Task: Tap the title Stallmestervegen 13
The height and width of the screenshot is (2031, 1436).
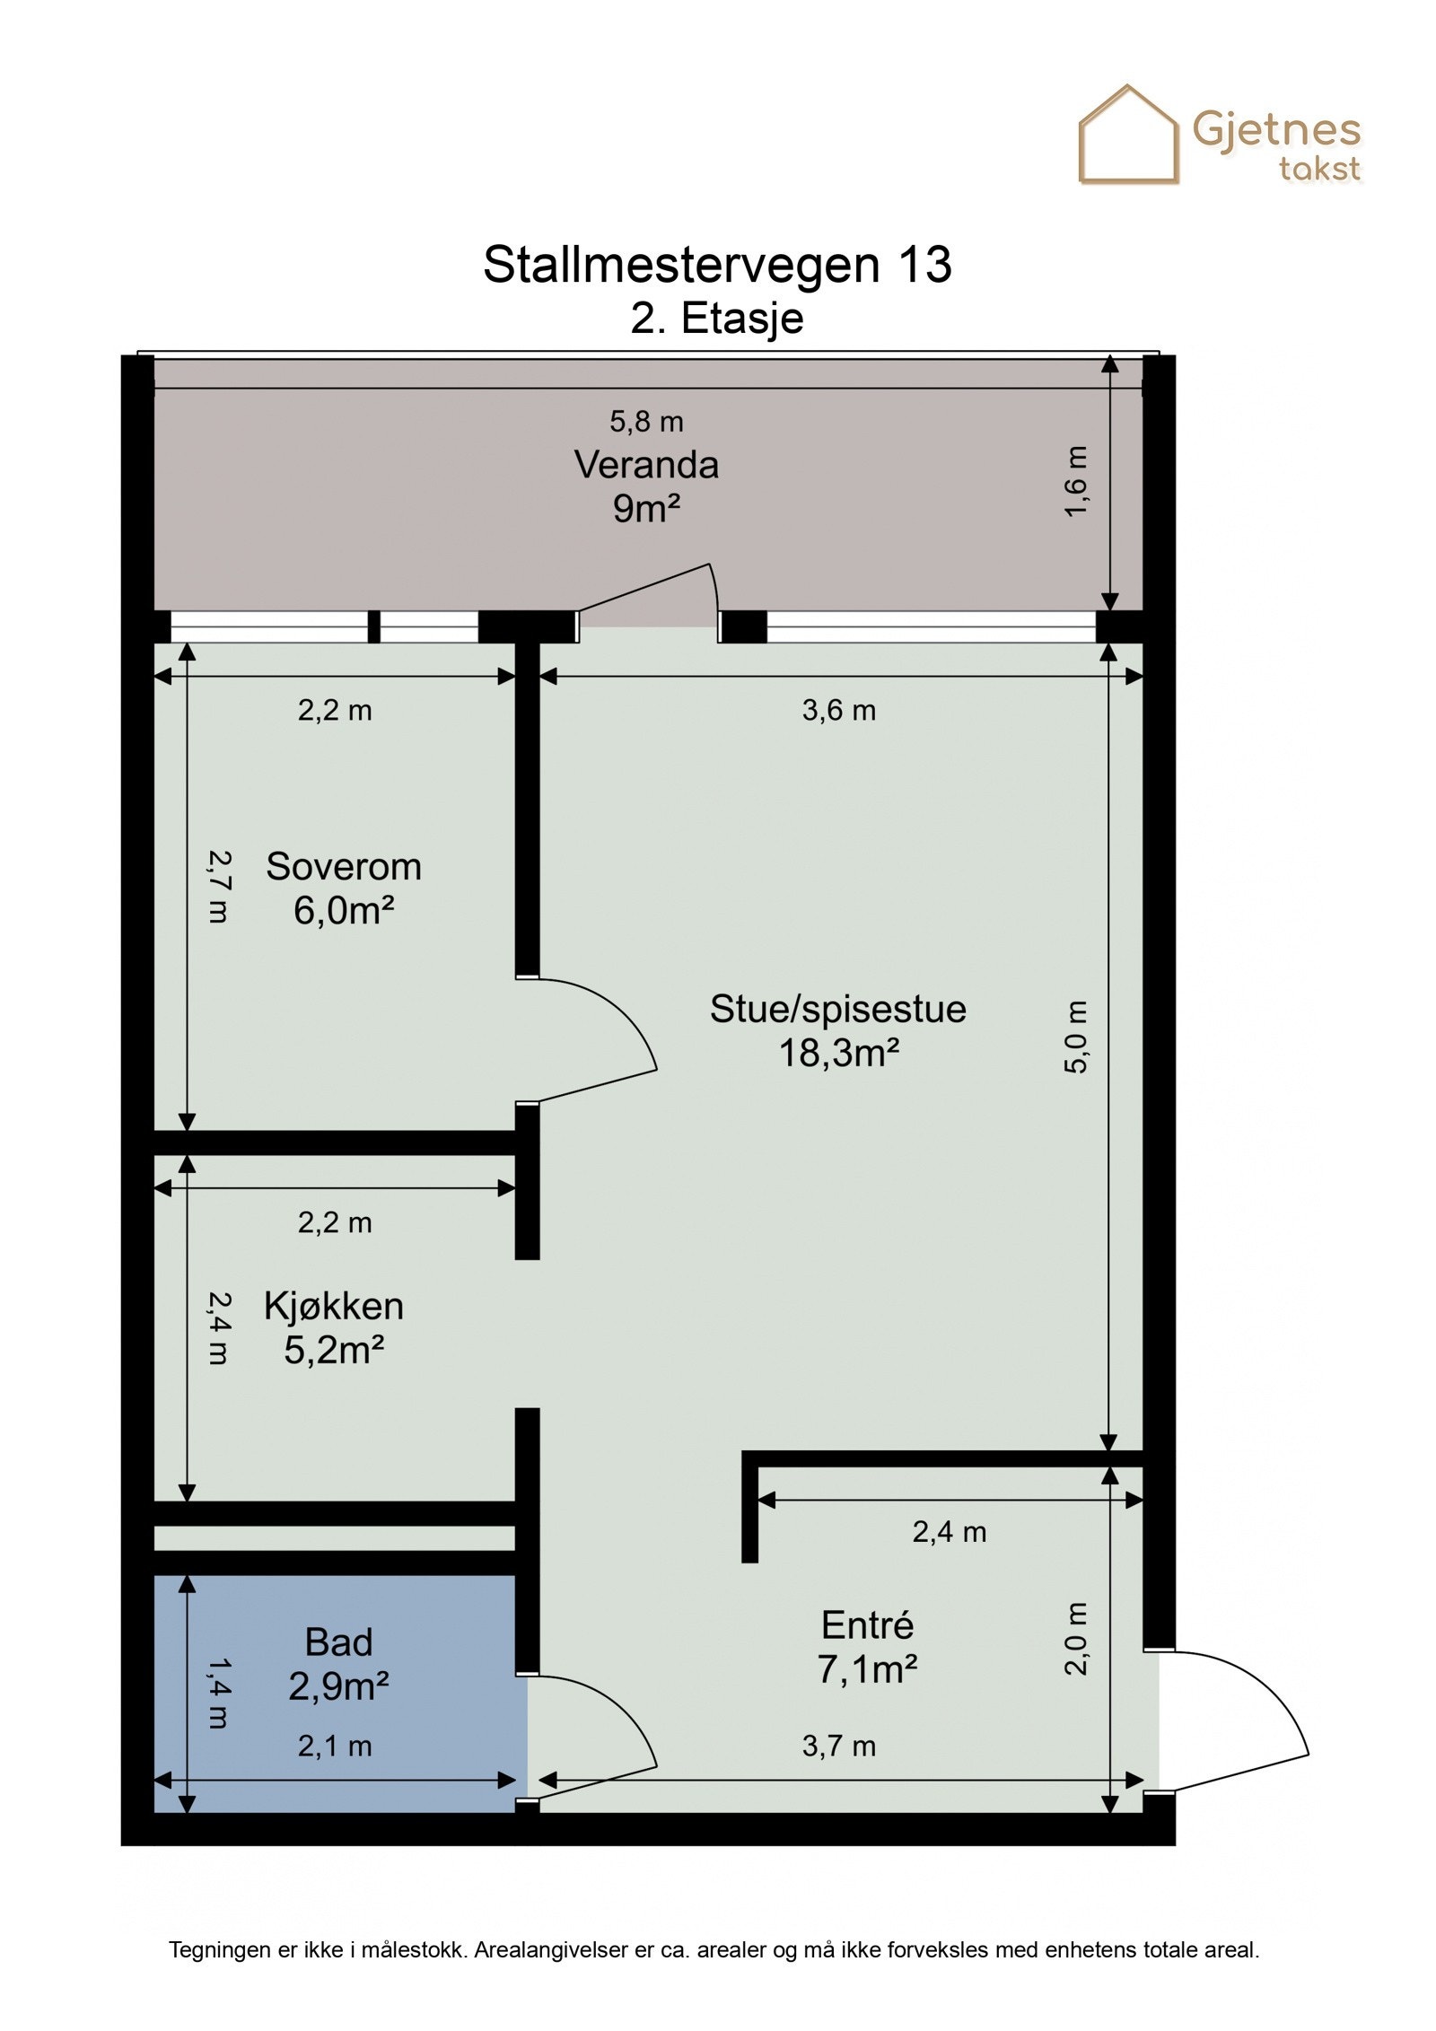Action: click(x=717, y=265)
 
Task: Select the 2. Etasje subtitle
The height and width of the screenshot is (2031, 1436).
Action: click(x=717, y=319)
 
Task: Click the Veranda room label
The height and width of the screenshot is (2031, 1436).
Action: click(x=646, y=465)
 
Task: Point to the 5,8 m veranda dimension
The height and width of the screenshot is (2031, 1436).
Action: click(x=646, y=421)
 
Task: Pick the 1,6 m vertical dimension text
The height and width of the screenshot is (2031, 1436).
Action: click(x=1076, y=481)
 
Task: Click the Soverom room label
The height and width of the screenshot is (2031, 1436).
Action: click(x=344, y=866)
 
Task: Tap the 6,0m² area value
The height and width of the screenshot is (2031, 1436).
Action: click(x=344, y=910)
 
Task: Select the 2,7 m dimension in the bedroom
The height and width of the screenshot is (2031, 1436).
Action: click(x=218, y=887)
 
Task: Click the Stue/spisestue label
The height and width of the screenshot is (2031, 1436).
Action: click(x=838, y=1009)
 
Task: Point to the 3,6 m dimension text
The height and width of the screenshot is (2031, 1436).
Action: click(x=838, y=710)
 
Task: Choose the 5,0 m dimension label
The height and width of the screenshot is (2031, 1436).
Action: click(x=1076, y=1037)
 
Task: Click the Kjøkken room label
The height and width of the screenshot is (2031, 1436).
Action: click(x=334, y=1306)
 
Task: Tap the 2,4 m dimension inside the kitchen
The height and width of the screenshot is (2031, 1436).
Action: click(x=218, y=1328)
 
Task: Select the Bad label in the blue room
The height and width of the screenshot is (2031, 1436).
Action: click(x=338, y=1641)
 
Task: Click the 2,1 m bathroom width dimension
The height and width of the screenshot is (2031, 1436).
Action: click(x=335, y=1746)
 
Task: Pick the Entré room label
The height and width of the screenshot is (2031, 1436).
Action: click(x=867, y=1624)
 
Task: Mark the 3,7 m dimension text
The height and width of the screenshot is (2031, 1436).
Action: click(x=838, y=1746)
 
